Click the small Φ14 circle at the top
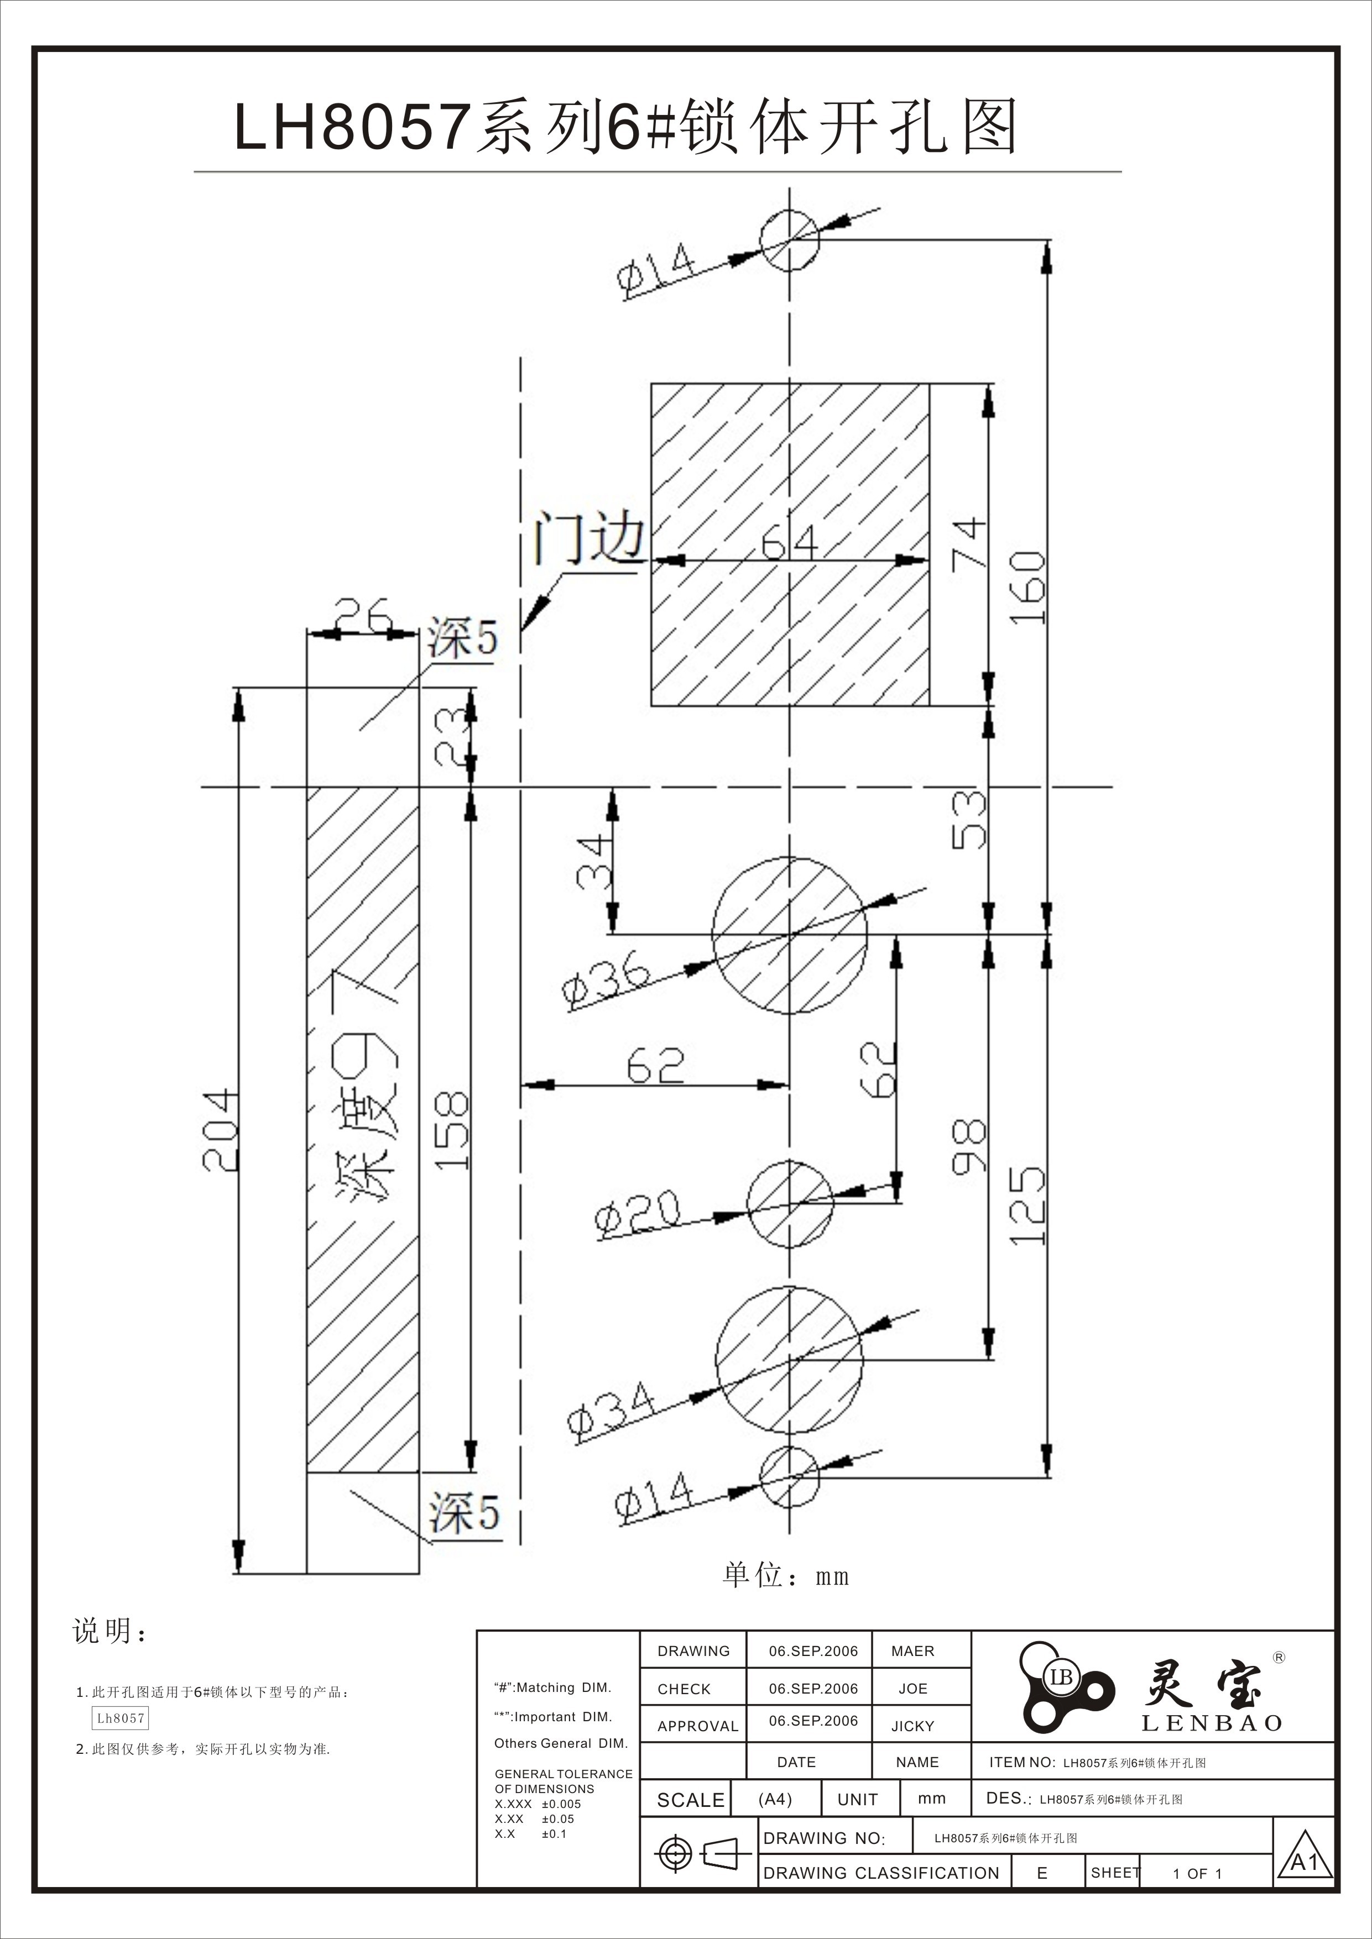click(789, 240)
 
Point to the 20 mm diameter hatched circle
click(789, 1203)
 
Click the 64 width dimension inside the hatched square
click(789, 542)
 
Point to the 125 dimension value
click(1028, 1206)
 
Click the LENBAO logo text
click(1212, 1723)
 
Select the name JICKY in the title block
click(912, 1726)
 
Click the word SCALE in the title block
click(690, 1800)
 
